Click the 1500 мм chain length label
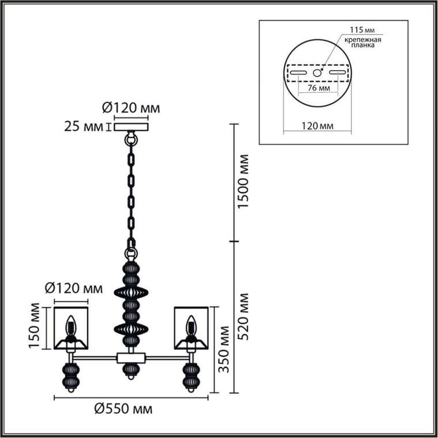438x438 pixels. [x=243, y=181]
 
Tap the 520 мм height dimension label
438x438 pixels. [x=243, y=316]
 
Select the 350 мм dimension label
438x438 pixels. [x=224, y=349]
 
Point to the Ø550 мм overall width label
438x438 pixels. [x=123, y=409]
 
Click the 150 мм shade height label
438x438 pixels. [x=35, y=326]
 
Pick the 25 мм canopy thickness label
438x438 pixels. [x=84, y=127]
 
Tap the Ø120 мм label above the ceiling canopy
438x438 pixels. [x=131, y=108]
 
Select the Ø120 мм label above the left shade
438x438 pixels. [x=74, y=288]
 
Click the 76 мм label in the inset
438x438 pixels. [x=319, y=88]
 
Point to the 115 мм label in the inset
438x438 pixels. [x=363, y=29]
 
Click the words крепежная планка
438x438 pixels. [x=363, y=42]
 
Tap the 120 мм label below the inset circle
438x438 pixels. [x=318, y=126]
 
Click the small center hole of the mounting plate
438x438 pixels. [x=317, y=73]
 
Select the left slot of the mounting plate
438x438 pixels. [x=299, y=73]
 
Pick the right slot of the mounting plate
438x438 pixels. [x=337, y=73]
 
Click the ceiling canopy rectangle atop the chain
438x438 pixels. [x=131, y=127]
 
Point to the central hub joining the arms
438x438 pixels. [x=131, y=358]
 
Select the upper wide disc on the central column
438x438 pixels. [x=131, y=293]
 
